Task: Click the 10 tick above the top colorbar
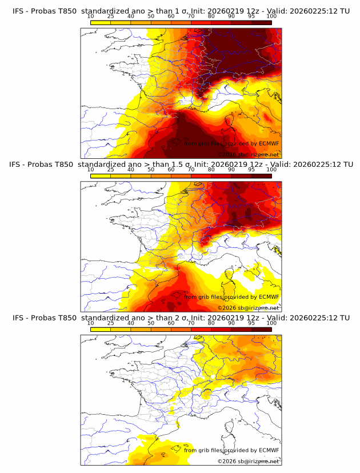pyautogui.click(x=91, y=16)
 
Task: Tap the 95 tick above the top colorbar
pyautogui.click(x=251, y=16)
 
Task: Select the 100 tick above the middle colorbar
pyautogui.click(x=271, y=170)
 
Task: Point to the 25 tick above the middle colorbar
pyautogui.click(x=111, y=170)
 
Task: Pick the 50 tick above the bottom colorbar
pyautogui.click(x=151, y=323)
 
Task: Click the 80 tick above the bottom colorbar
pyautogui.click(x=211, y=323)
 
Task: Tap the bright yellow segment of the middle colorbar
pyautogui.click(x=101, y=175)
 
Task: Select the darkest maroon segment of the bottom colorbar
pyautogui.click(x=261, y=329)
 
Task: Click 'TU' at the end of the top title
pyautogui.click(x=345, y=10)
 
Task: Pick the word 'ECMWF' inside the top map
pyautogui.click(x=267, y=143)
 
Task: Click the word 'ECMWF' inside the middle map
pyautogui.click(x=267, y=297)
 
